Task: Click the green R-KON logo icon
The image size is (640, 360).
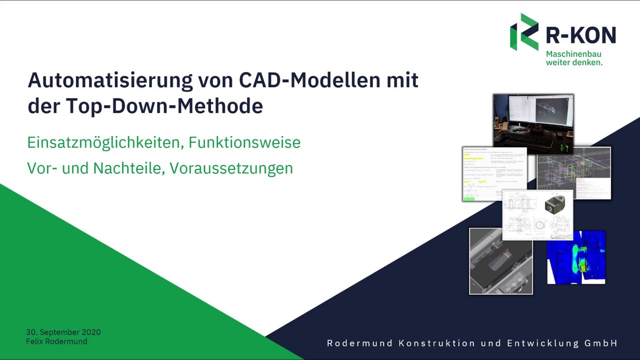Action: (524, 32)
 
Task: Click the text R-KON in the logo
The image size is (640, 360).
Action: (580, 35)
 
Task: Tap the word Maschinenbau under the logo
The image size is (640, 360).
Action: (573, 53)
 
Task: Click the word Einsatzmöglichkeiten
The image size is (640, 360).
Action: (105, 143)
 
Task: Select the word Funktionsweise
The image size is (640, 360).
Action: (244, 143)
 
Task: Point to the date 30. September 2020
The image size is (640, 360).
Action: (63, 332)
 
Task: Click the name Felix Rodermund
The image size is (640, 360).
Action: (56, 341)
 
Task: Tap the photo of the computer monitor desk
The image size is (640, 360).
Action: (533, 123)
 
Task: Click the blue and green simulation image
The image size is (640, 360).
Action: (576, 257)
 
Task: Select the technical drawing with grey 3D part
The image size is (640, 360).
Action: (537, 215)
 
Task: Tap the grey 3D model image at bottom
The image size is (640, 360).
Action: (500, 261)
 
